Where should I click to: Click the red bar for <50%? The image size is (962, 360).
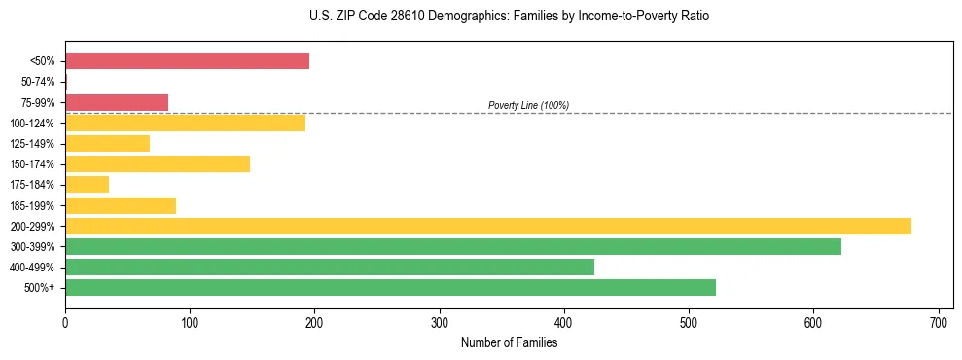(187, 61)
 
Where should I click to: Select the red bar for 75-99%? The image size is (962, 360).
(117, 102)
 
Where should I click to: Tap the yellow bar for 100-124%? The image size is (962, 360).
(185, 123)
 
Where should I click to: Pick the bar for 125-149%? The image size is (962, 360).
(107, 144)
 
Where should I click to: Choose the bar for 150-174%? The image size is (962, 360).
(158, 164)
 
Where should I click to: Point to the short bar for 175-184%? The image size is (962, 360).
(87, 185)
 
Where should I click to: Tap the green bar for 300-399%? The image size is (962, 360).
(453, 247)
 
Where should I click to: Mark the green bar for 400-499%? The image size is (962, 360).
(330, 268)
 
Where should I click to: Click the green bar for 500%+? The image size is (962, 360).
(390, 288)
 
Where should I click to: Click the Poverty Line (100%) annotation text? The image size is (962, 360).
(528, 105)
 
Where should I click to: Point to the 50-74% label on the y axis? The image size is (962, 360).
(39, 82)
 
